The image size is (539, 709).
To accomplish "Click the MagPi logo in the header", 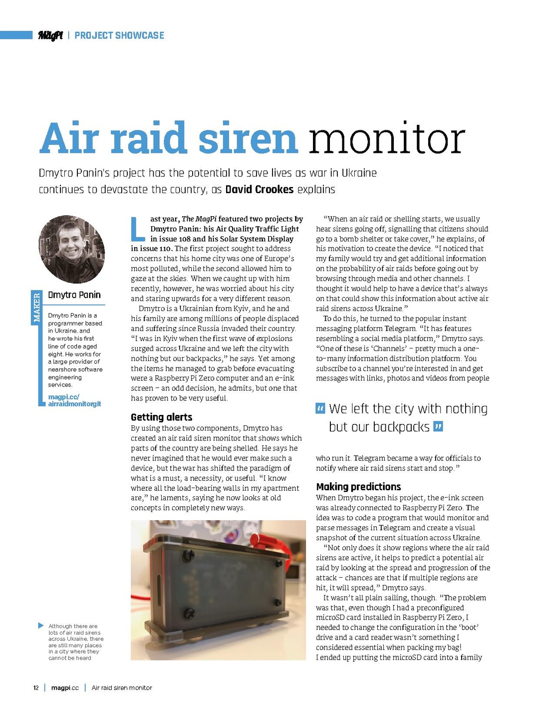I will coord(50,35).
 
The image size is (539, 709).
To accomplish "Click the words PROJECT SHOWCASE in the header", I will coord(119,35).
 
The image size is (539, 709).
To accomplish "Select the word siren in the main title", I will coord(248,138).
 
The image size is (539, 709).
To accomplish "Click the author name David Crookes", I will coord(259,190).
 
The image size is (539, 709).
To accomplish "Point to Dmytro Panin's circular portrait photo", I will coord(72,249).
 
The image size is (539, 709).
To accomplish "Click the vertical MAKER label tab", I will coord(36,307).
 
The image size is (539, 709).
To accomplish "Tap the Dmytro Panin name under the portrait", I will coord(74,295).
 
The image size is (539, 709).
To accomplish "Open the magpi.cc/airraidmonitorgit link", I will coord(74,400).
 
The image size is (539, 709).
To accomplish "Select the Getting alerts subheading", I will coord(161,417).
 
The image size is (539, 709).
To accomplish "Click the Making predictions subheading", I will coord(358,487).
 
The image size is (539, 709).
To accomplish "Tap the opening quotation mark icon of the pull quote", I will coord(320,408).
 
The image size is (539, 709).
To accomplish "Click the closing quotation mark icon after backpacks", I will coord(438,427).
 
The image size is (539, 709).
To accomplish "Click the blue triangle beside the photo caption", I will coord(40,626).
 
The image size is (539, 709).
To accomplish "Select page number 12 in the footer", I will coord(36,688).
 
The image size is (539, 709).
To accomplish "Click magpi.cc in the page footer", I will coord(65,688).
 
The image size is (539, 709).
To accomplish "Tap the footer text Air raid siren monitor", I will coord(122,688).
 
